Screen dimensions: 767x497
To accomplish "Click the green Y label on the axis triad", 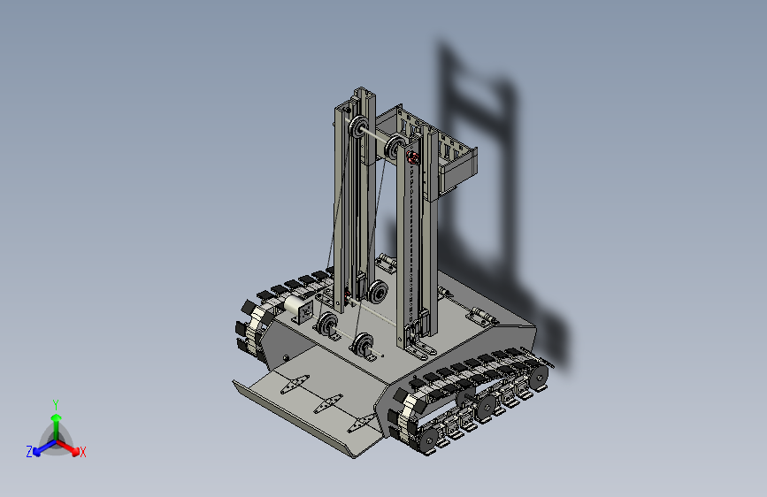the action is (56, 405).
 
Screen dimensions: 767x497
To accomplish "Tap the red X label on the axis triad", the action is (82, 452).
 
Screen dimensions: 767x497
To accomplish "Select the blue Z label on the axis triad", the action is (29, 452).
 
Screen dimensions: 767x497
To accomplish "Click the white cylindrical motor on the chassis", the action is (293, 305).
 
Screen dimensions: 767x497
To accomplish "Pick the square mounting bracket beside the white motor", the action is (304, 312).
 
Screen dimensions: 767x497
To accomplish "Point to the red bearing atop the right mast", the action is (413, 157).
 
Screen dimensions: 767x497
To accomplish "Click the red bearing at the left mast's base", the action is (348, 296).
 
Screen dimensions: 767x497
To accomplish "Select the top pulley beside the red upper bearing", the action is (395, 148).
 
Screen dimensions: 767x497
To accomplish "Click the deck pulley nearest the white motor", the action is (327, 325).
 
